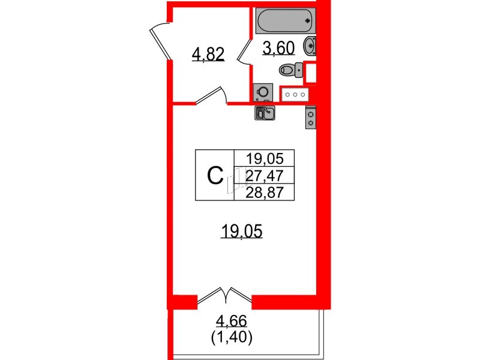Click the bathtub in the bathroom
[x=286, y=20]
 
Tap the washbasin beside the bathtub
[x=310, y=46]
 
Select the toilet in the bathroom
[x=291, y=70]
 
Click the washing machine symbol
[x=263, y=92]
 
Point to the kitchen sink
[x=265, y=113]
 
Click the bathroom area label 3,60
[x=278, y=49]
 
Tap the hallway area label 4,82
[x=208, y=55]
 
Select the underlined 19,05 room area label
[x=242, y=231]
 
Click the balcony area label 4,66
[x=232, y=322]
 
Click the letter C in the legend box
[x=215, y=176]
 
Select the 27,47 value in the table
[x=265, y=176]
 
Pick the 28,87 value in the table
[x=265, y=193]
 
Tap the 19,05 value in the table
[x=265, y=159]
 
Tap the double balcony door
[x=225, y=295]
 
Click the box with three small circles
[x=295, y=95]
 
